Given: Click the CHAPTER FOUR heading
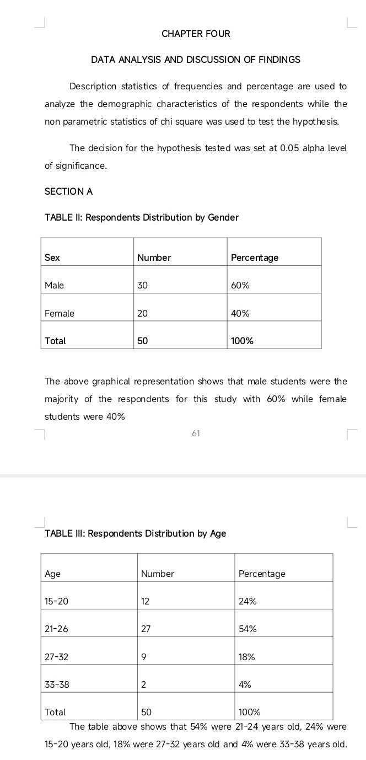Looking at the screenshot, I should click(196, 34).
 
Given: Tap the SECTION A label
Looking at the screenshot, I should click(68, 191).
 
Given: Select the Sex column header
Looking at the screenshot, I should click(52, 258).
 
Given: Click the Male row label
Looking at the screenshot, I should click(54, 285).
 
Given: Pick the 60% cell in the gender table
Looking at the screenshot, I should click(240, 285).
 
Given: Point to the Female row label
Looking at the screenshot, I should click(59, 313).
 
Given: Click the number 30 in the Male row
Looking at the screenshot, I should click(143, 285).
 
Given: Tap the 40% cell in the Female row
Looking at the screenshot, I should click(240, 313).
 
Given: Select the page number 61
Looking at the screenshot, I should click(196, 433).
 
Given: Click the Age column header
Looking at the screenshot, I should click(52, 574).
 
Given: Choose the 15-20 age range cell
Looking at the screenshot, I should click(57, 601).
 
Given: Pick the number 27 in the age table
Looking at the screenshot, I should click(146, 629).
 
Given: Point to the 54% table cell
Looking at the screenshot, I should click(247, 629).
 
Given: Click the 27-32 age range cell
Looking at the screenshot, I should click(57, 657).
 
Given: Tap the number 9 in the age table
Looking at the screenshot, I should click(144, 657).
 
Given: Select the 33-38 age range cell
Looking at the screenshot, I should click(57, 684).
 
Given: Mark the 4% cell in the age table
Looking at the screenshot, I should click(245, 684).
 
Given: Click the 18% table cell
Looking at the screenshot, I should click(247, 657).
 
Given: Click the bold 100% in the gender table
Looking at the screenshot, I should click(243, 341).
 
